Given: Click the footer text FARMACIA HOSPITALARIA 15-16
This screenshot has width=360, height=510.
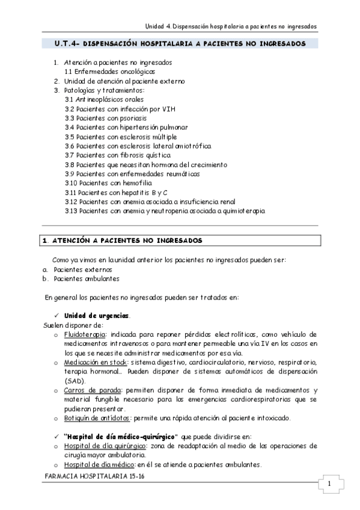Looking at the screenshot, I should coord(95,475).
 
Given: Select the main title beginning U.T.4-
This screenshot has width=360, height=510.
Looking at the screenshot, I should coord(180,44).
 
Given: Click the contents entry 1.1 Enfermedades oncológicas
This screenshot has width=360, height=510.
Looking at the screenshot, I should coord(105,72).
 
